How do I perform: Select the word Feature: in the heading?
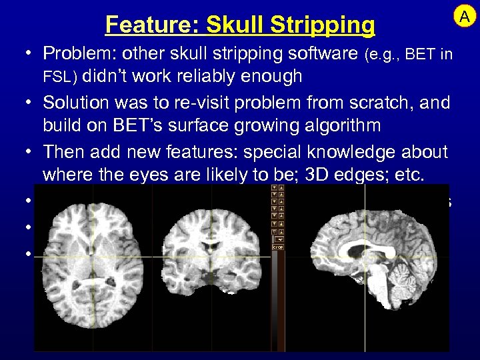(x=152, y=25)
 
